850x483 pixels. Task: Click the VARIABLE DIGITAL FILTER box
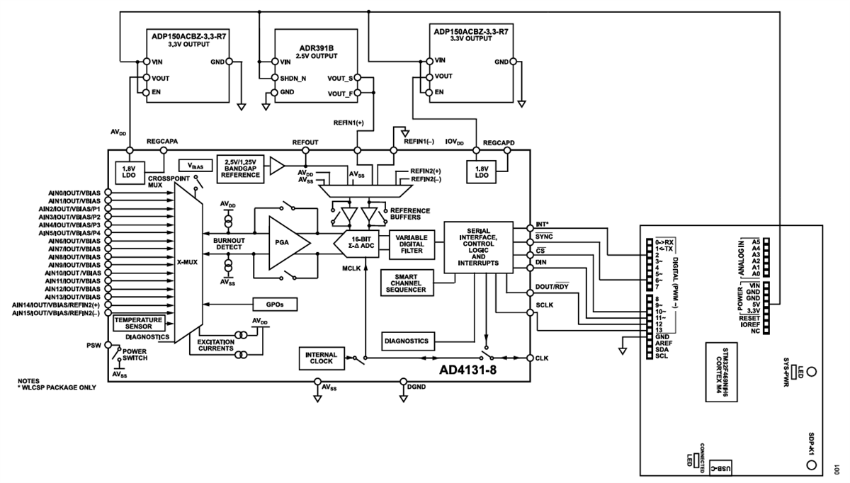coord(410,243)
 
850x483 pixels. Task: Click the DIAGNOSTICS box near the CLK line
coord(406,341)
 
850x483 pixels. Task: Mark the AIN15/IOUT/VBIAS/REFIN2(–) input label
coord(57,312)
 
